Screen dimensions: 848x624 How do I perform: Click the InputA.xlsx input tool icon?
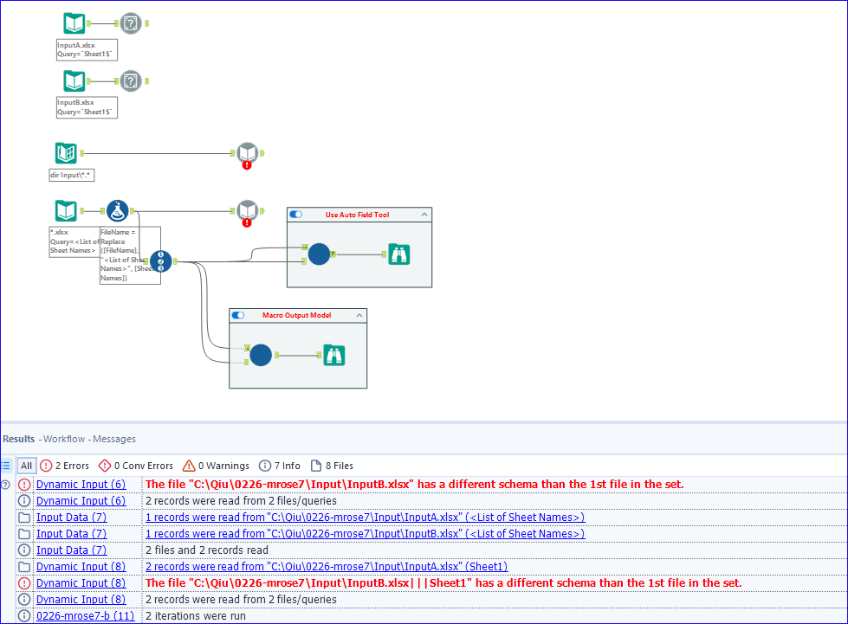click(x=74, y=24)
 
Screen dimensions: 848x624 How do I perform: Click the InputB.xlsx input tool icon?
click(x=74, y=81)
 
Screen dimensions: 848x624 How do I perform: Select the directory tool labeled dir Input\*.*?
click(x=66, y=153)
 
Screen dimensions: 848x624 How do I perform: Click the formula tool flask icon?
click(x=118, y=210)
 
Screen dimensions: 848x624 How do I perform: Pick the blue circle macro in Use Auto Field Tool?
click(x=319, y=254)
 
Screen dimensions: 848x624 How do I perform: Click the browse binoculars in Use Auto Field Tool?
click(x=398, y=254)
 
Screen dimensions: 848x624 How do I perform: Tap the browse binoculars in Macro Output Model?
click(x=334, y=355)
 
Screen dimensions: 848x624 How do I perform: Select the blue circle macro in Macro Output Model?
click(x=261, y=355)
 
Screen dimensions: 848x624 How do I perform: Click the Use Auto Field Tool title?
click(x=357, y=215)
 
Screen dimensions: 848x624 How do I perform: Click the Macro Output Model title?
click(x=296, y=315)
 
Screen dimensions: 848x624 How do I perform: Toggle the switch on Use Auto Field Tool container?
click(x=296, y=215)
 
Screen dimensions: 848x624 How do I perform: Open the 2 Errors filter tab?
click(x=65, y=466)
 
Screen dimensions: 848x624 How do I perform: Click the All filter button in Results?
click(x=26, y=466)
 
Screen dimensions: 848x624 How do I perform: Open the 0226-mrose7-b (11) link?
click(x=85, y=616)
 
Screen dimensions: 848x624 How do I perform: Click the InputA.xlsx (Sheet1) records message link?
click(x=326, y=567)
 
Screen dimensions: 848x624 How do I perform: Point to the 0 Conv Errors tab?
click(x=136, y=466)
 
